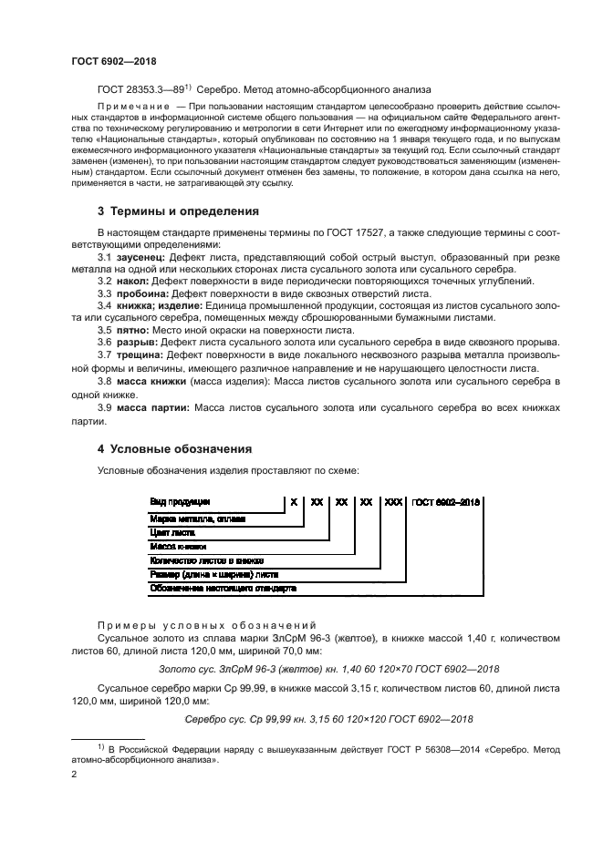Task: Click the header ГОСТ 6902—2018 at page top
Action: pos(114,61)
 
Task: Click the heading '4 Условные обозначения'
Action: pos(174,449)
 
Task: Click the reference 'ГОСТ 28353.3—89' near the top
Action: pos(141,89)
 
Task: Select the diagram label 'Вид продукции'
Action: pos(180,501)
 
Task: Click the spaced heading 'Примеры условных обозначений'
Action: pos(206,626)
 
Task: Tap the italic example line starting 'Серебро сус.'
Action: pos(328,720)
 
